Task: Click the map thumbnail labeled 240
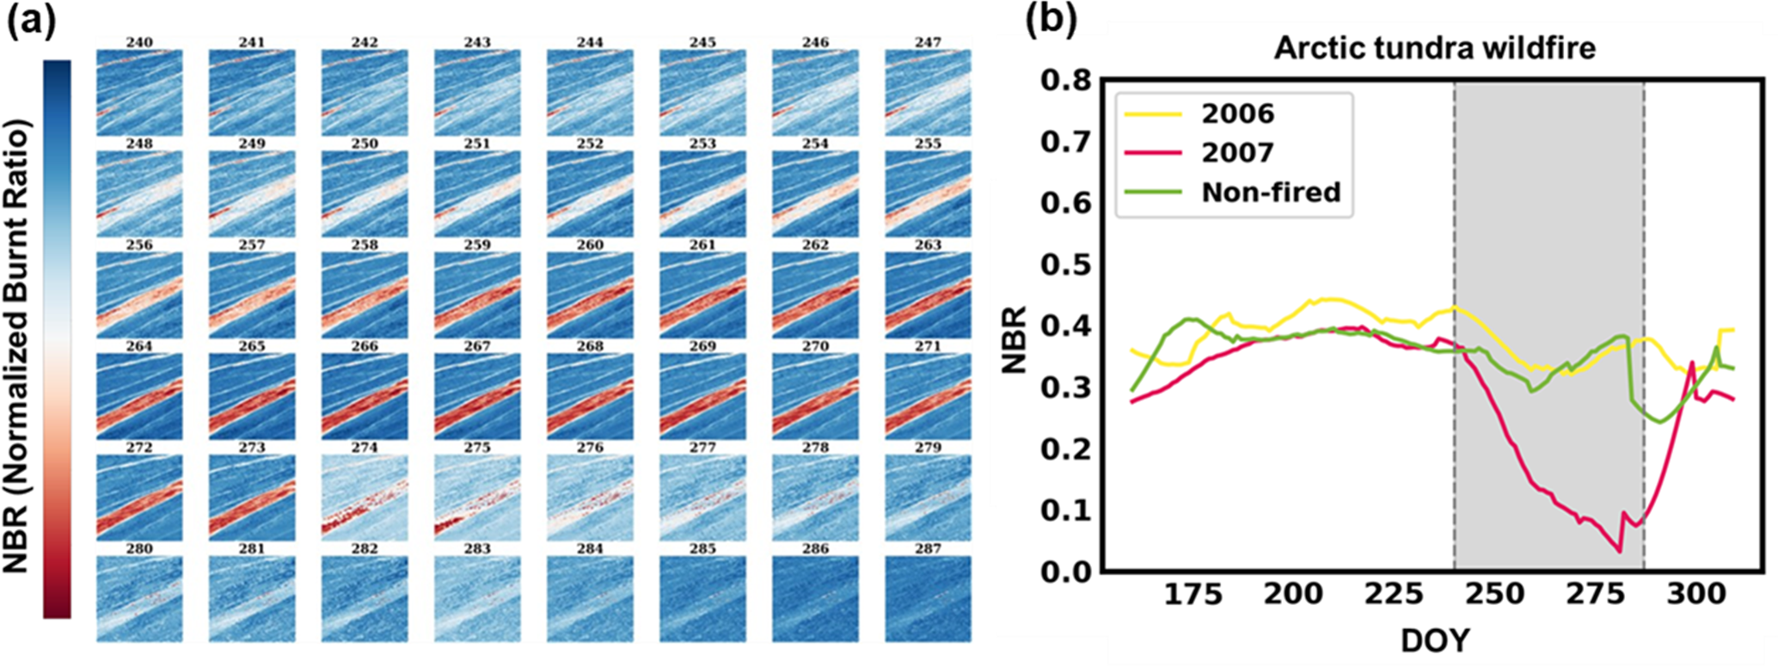[139, 92]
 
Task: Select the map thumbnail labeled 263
[928, 295]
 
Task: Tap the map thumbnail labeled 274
[365, 498]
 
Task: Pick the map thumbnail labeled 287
[928, 599]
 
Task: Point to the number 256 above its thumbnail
[139, 245]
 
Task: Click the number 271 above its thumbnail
[928, 346]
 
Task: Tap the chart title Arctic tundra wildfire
[1434, 47]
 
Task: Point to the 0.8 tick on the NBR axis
[1065, 80]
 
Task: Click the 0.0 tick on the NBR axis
[1065, 571]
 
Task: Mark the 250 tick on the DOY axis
[1495, 595]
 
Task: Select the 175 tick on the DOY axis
[1193, 595]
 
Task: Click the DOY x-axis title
[1434, 640]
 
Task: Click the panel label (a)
[31, 21]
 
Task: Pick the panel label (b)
[1051, 21]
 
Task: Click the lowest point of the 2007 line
[1620, 551]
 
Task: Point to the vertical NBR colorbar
[57, 339]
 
